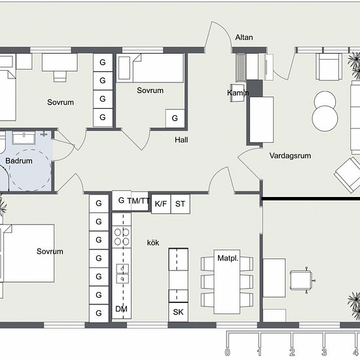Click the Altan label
click(244, 37)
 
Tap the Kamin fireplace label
click(238, 93)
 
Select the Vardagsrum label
click(290, 156)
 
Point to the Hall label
click(181, 140)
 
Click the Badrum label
click(19, 161)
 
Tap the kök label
click(153, 243)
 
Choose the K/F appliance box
click(161, 204)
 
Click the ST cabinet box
click(180, 204)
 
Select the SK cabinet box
click(179, 312)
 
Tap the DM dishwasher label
click(121, 309)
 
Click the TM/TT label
click(139, 201)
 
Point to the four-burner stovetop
click(122, 237)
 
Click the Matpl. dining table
click(227, 281)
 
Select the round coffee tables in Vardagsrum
click(325, 111)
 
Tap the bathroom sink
click(24, 137)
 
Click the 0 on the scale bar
click(227, 351)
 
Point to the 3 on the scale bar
click(324, 351)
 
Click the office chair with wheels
click(302, 280)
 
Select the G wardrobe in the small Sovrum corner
click(175, 118)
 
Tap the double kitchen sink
click(122, 274)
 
